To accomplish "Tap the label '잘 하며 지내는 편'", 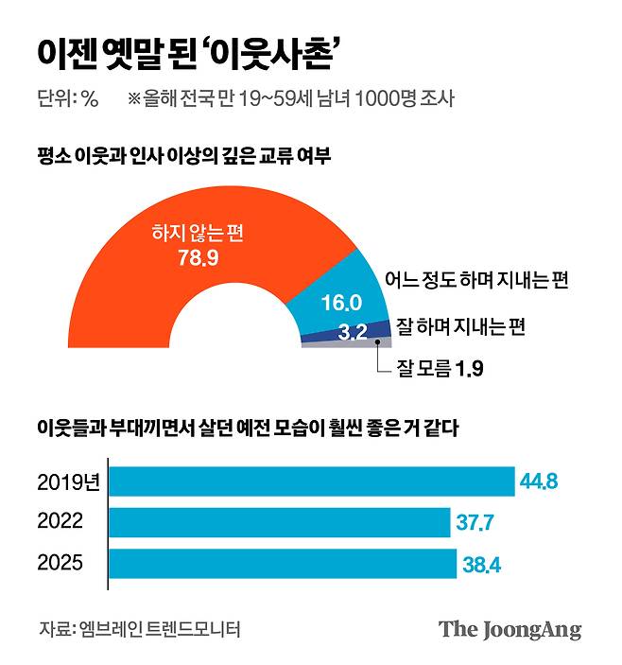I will pos(460,326).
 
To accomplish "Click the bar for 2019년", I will pos(312,481).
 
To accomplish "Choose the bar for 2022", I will pos(280,522).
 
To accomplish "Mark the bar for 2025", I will pos(284,564).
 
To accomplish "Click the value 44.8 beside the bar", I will pos(539,481).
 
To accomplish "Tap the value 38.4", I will pos(481,565).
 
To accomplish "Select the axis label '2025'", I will pos(60,564).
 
